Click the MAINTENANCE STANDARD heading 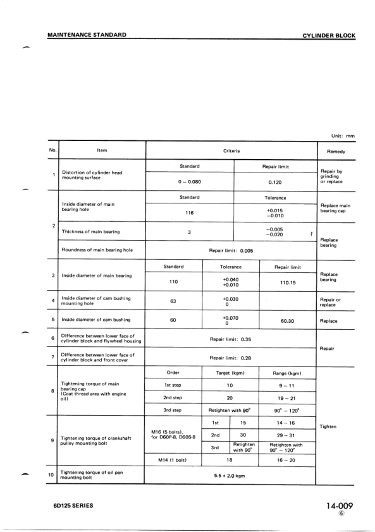point(86,34)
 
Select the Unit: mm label point(343,136)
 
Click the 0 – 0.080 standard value point(190,183)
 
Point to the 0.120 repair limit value point(275,183)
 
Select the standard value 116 point(190,214)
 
